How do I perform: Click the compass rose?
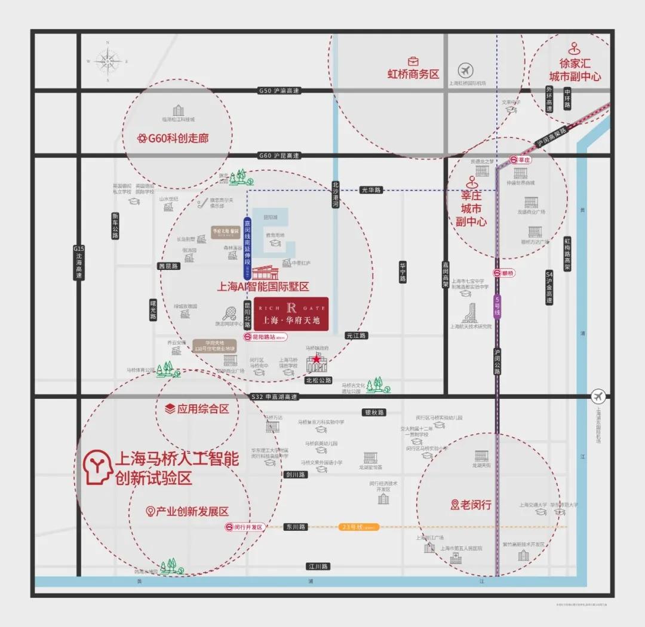point(108,61)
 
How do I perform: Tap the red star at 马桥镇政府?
point(317,359)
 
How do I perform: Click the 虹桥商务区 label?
point(413,74)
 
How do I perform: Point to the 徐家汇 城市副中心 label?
point(575,70)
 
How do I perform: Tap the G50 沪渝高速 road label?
point(279,91)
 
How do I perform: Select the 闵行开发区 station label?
point(244,527)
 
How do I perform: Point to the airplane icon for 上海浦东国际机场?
point(598,396)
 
